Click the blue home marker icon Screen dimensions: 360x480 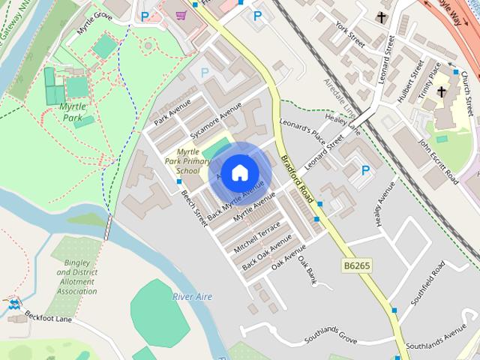(x=239, y=173)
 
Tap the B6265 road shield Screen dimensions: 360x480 (x=356, y=265)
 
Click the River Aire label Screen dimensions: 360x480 (x=193, y=297)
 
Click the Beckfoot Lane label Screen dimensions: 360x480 (x=48, y=318)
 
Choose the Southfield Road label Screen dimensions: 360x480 (x=428, y=283)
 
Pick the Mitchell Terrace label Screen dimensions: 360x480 (x=256, y=236)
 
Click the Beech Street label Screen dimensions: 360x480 (x=194, y=207)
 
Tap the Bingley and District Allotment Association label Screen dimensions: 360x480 (x=77, y=278)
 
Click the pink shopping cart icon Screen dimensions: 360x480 (x=181, y=15)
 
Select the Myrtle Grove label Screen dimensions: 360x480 (x=94, y=22)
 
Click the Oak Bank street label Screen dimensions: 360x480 (x=307, y=271)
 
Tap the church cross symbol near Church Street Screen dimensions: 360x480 (x=441, y=93)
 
